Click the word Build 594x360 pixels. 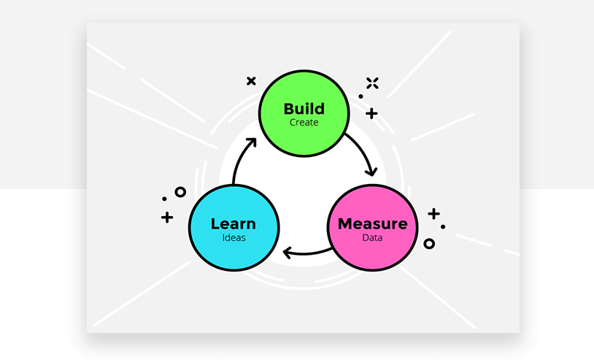[x=304, y=109]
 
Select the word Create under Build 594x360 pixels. [x=304, y=123]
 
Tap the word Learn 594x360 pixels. [x=234, y=223]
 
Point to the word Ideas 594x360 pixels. [x=234, y=237]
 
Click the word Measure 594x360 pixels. [x=373, y=223]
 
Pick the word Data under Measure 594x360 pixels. [x=372, y=237]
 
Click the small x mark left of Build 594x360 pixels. [x=251, y=81]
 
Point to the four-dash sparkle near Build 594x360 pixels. [x=372, y=83]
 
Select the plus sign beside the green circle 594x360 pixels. [x=371, y=113]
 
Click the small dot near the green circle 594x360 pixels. [x=360, y=96]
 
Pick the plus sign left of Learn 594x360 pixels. [x=167, y=217]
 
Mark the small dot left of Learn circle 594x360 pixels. [x=164, y=199]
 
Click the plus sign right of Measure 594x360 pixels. [x=433, y=214]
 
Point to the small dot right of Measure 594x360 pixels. [x=443, y=226]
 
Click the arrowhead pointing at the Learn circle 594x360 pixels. [x=287, y=253]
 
